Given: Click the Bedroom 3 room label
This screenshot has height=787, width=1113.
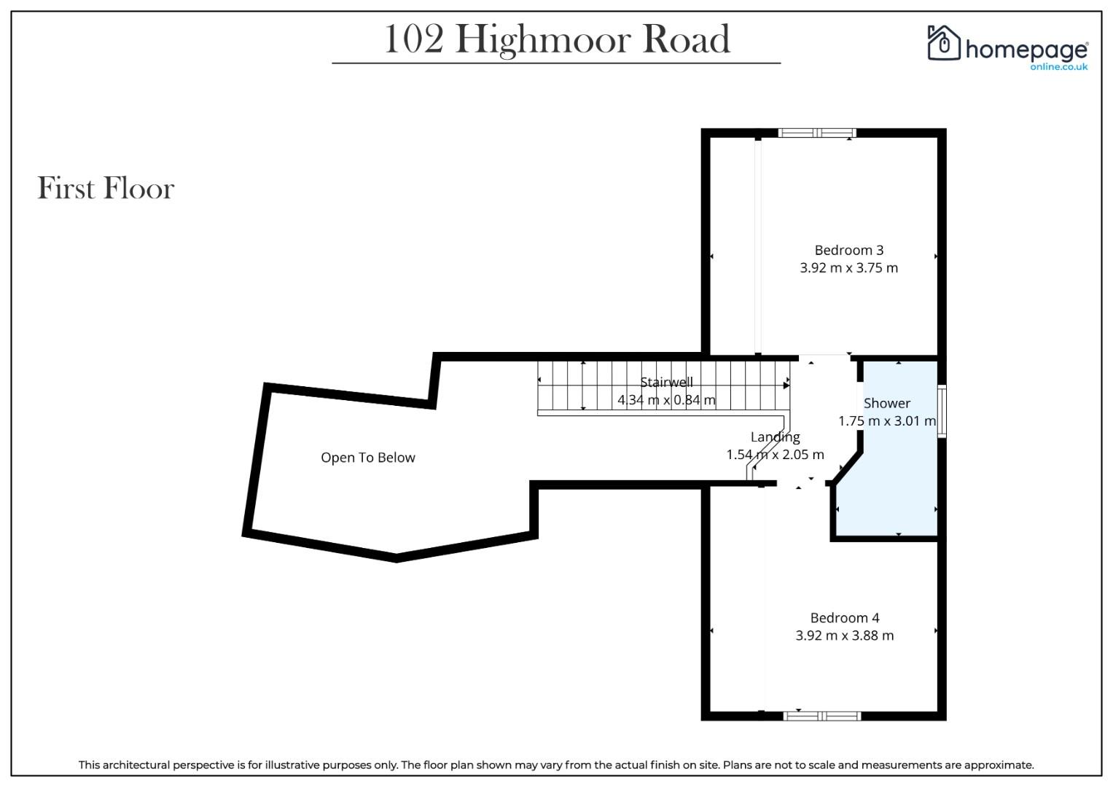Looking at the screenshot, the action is (x=848, y=250).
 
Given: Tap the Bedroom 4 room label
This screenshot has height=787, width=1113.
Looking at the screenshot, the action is (x=845, y=618).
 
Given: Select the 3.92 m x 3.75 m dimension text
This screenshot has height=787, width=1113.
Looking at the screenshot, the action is (x=848, y=268).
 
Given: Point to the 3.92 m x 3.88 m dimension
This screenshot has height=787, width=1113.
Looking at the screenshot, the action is (x=845, y=635).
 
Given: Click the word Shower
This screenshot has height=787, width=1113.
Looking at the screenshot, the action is (x=887, y=403).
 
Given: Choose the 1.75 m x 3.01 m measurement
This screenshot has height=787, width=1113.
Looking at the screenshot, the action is (x=887, y=421).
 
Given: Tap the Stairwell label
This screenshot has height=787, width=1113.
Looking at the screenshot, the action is (x=666, y=382).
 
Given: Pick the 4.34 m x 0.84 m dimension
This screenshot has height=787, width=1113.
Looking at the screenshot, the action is (x=666, y=399).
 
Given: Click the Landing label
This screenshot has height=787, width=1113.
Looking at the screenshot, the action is (x=775, y=437).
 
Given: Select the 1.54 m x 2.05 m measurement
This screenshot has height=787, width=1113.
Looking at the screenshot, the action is (x=775, y=455).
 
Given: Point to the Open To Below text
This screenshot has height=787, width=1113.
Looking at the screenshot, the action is (x=367, y=458).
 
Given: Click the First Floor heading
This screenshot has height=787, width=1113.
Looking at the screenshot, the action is (x=106, y=188).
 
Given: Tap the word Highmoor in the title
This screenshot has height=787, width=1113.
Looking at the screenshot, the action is (x=543, y=41).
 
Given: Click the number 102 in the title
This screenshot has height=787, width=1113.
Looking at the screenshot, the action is (x=414, y=40).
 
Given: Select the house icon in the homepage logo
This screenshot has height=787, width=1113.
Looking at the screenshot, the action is (x=943, y=43).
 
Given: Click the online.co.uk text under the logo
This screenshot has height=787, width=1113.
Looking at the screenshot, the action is (x=1059, y=66).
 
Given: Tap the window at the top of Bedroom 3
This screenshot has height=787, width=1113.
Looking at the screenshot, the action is (x=817, y=133).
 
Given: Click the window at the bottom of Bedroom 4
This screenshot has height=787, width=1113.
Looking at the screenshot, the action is (x=822, y=716).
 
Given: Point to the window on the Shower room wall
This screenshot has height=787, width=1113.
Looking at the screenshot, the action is (x=942, y=412).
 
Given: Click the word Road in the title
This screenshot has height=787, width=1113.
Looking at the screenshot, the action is (x=687, y=39).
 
